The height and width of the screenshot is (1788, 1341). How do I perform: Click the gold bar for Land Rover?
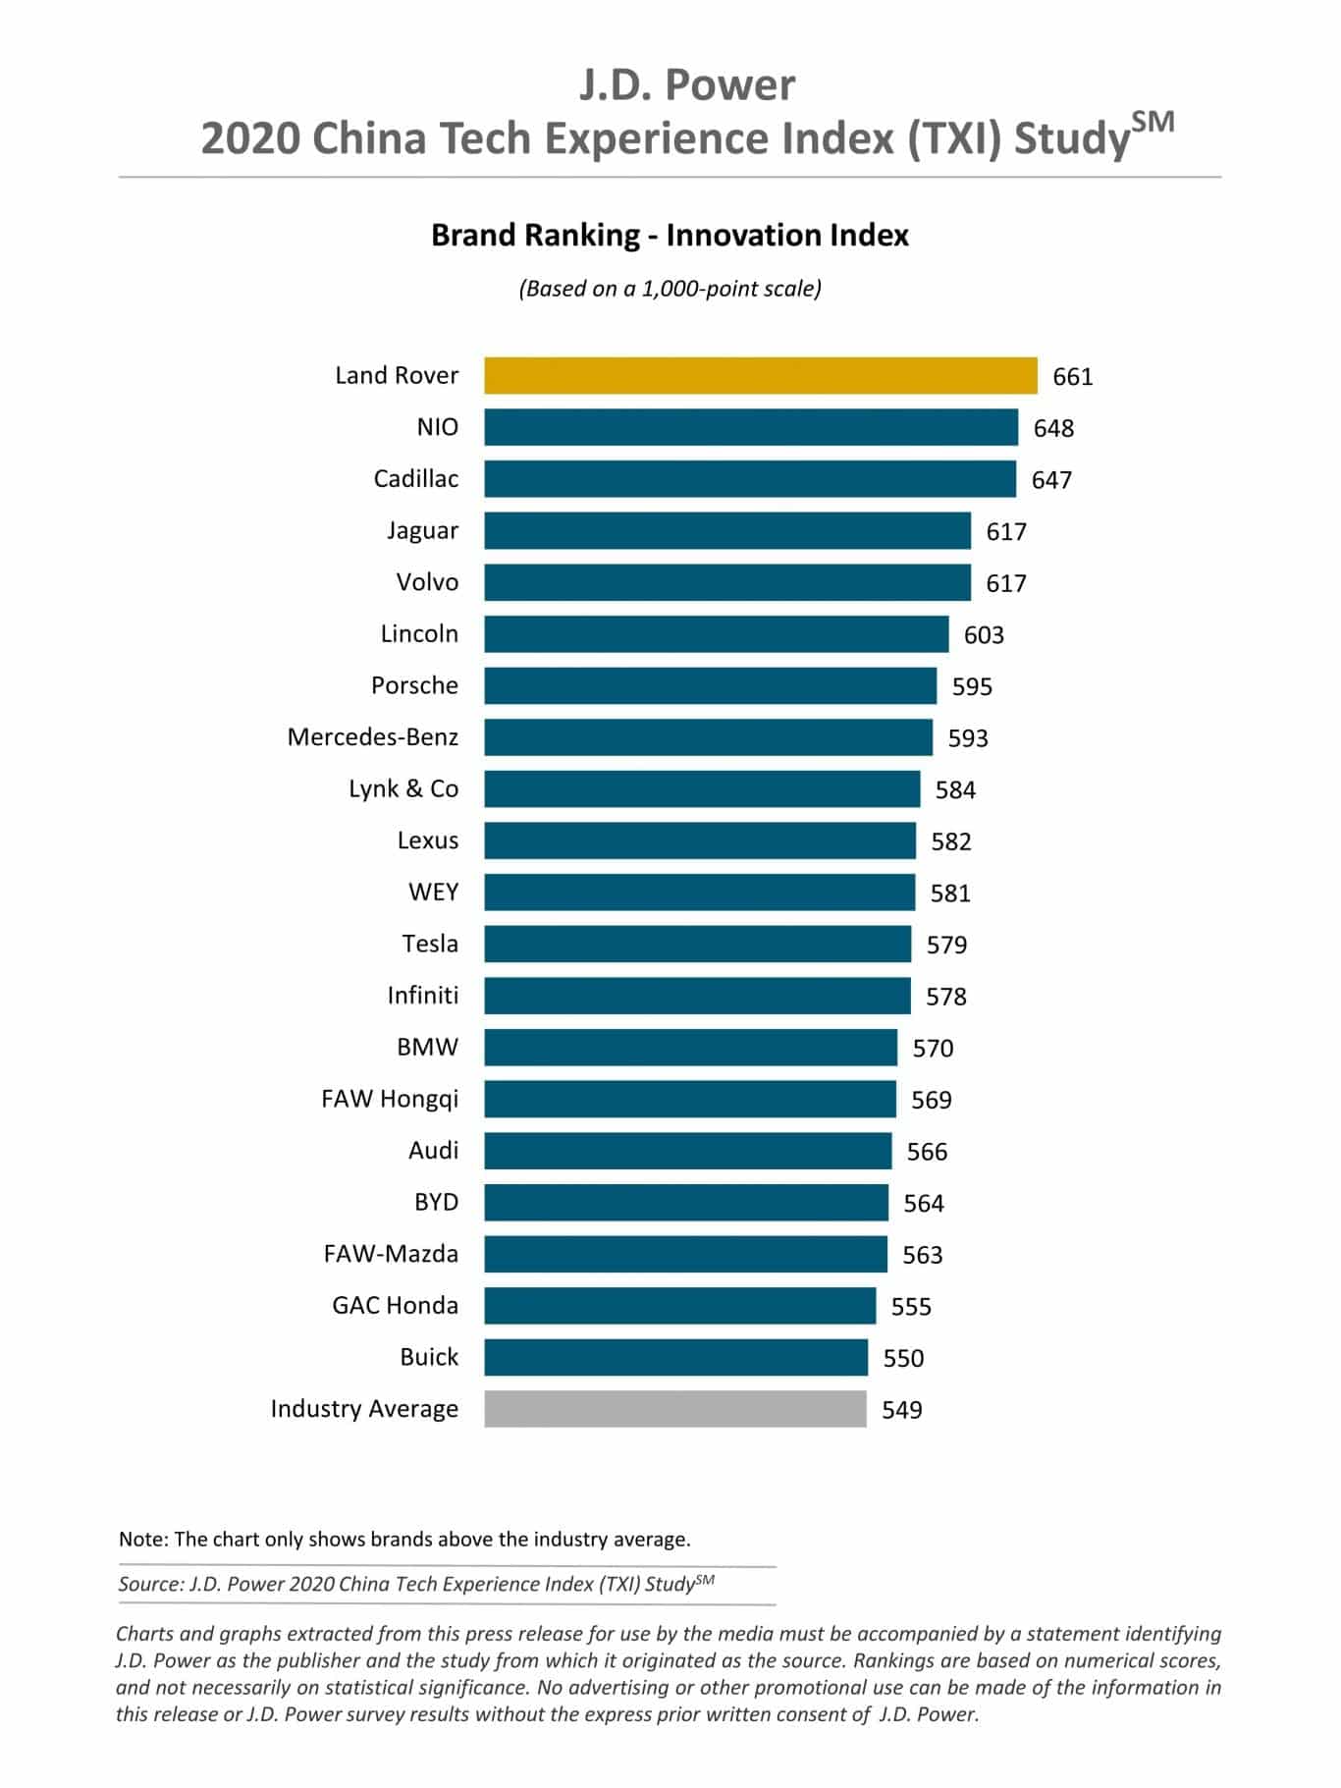click(760, 376)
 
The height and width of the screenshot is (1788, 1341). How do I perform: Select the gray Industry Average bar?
click(675, 1409)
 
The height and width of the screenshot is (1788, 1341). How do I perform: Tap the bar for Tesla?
click(697, 945)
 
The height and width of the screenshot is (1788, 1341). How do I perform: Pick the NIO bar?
click(751, 428)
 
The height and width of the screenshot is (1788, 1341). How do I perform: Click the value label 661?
click(1072, 377)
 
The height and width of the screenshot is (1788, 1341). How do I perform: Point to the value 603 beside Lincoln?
click(984, 635)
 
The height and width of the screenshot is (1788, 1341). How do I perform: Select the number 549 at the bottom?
click(901, 1410)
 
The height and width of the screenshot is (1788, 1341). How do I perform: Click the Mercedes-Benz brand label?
click(372, 737)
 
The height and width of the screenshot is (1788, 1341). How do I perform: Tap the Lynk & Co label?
click(402, 789)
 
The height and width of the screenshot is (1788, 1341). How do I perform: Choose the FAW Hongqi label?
click(389, 1099)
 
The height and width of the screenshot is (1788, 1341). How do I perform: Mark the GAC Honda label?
click(395, 1306)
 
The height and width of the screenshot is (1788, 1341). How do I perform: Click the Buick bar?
click(675, 1358)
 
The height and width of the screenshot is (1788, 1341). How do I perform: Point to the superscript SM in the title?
click(1153, 123)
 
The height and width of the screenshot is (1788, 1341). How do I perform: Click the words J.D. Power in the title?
click(686, 85)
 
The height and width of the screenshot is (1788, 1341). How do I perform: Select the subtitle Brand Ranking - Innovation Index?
click(670, 236)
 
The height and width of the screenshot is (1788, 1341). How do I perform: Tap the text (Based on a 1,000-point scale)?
click(670, 289)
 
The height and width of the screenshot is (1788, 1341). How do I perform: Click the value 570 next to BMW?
click(933, 1049)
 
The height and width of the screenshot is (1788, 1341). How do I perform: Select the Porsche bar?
click(710, 686)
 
